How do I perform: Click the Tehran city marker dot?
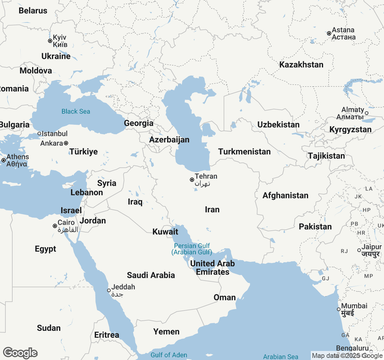[x=192, y=180]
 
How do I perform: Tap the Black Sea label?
[x=76, y=112]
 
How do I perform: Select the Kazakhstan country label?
[x=301, y=64]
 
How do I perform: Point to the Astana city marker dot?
[x=329, y=33]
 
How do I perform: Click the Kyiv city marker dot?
[x=50, y=41]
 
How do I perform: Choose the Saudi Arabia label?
[x=151, y=275]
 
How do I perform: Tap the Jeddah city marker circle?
[x=109, y=290]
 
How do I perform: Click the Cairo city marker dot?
[x=55, y=226]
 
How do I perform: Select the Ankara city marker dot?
[x=66, y=143]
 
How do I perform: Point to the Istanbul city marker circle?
[x=39, y=133]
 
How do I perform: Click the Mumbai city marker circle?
[x=339, y=309]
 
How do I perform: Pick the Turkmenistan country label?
[x=244, y=151]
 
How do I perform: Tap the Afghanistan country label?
[x=285, y=195]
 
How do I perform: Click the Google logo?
[x=20, y=353]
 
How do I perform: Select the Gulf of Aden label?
[x=169, y=355]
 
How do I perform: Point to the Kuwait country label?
[x=165, y=232]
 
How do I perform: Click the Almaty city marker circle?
[x=367, y=113]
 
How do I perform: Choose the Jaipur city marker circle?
[x=359, y=250]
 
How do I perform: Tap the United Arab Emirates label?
[x=212, y=268]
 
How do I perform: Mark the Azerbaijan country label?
[x=169, y=139]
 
